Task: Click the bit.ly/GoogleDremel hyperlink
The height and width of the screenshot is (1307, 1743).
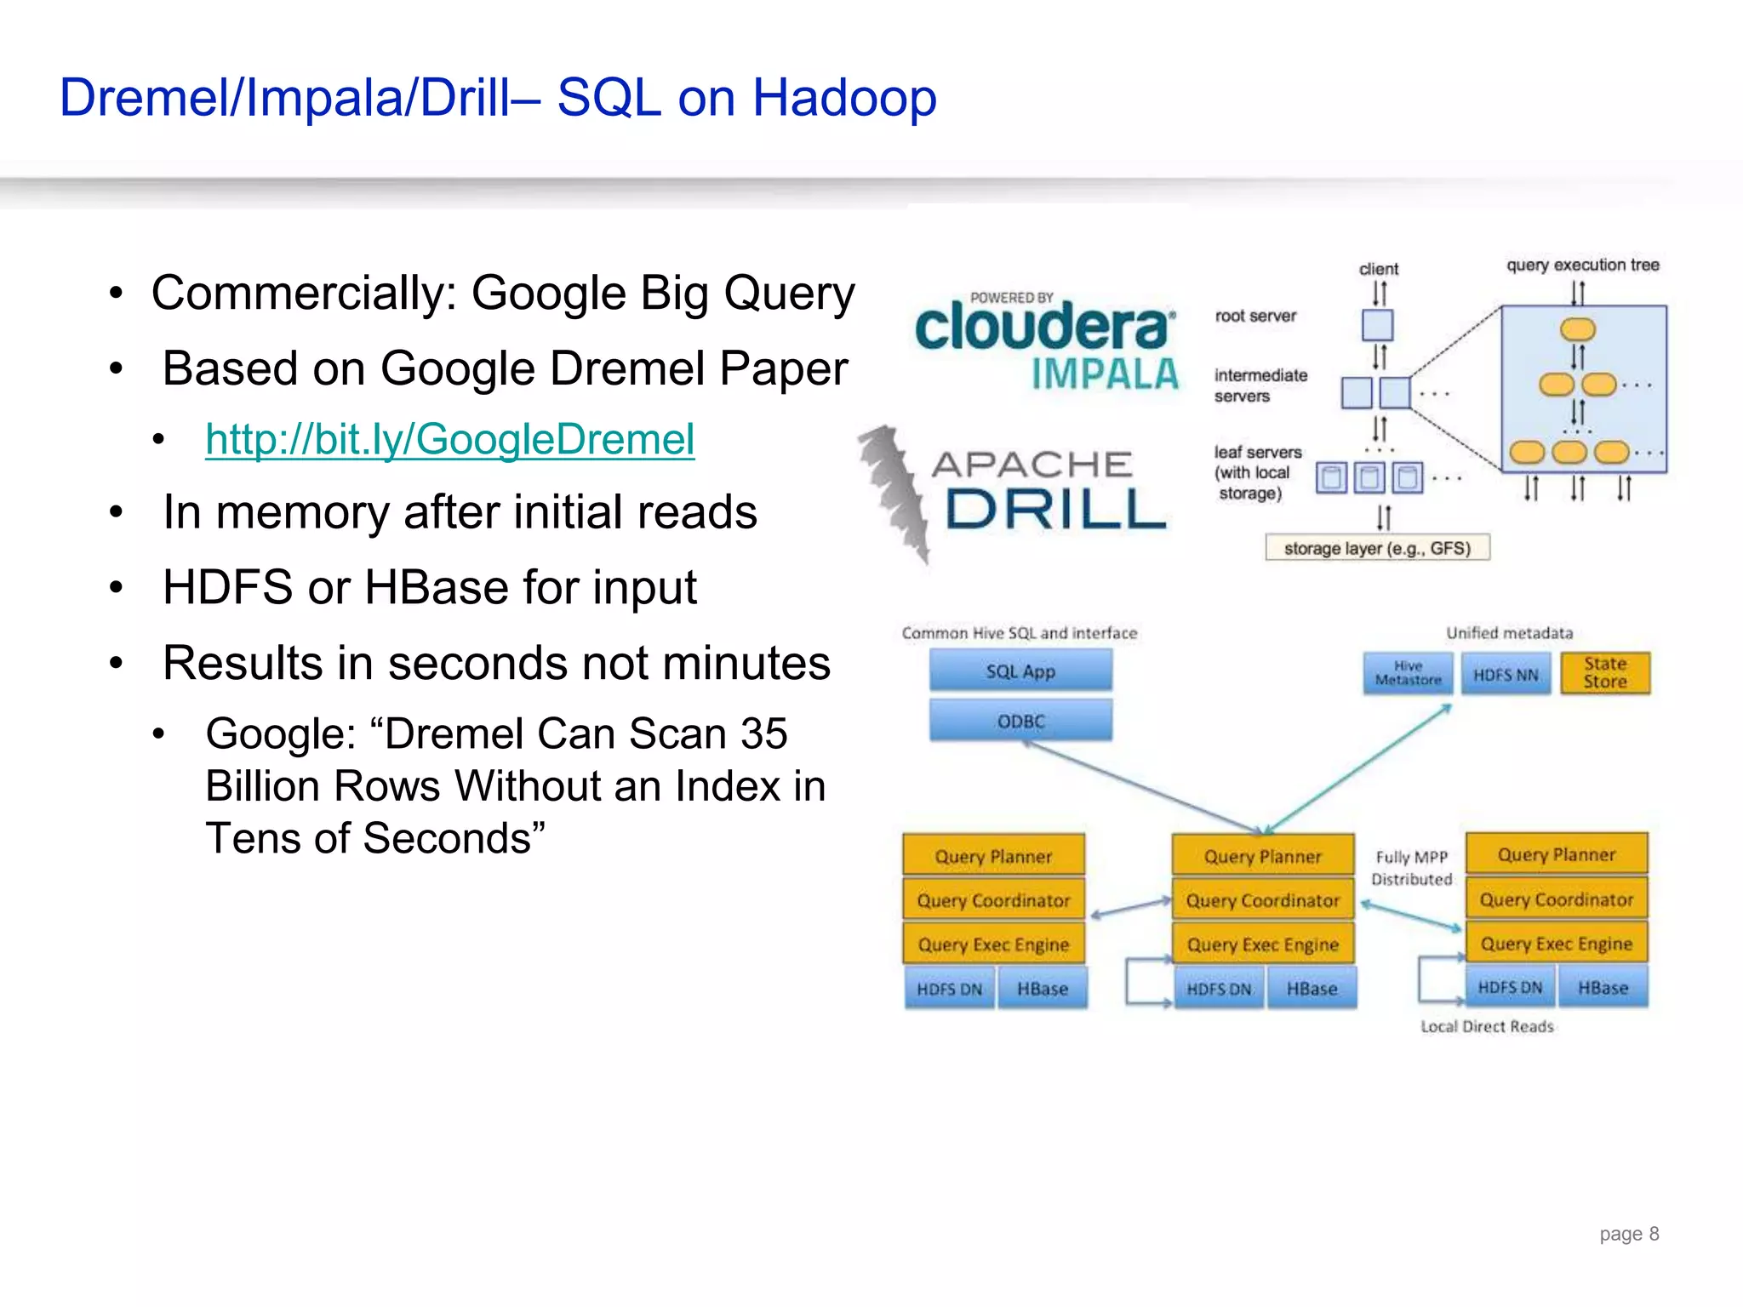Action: click(x=449, y=440)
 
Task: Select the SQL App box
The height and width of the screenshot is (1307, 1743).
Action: click(x=1020, y=671)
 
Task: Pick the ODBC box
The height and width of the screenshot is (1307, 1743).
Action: click(x=1020, y=721)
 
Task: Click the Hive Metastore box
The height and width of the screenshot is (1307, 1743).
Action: click(x=1408, y=674)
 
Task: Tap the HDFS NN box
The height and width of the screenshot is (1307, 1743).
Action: click(x=1506, y=675)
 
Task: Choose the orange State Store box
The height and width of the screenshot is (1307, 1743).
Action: click(x=1604, y=673)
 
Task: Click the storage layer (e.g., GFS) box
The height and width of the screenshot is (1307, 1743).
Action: click(x=1377, y=548)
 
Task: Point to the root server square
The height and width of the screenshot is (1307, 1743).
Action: click(x=1377, y=325)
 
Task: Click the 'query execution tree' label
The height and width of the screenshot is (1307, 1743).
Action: click(x=1582, y=265)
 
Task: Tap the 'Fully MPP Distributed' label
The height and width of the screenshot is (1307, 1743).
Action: click(x=1411, y=868)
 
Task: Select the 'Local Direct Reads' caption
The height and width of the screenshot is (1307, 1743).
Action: click(x=1487, y=1027)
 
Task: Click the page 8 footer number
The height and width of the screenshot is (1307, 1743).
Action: click(x=1628, y=1234)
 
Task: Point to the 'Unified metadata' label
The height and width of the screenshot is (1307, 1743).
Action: click(x=1509, y=633)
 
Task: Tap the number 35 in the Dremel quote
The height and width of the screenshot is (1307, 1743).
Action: click(x=763, y=733)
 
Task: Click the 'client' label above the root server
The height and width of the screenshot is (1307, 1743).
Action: click(x=1378, y=269)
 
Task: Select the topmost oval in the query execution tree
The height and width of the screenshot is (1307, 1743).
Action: click(x=1577, y=328)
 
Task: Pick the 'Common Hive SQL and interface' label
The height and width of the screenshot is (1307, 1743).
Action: click(x=1019, y=633)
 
